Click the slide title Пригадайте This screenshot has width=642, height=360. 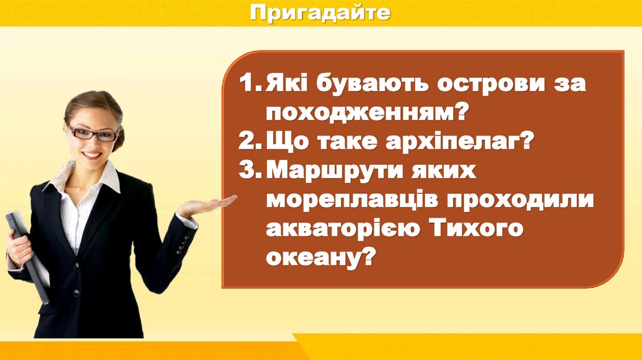click(x=320, y=12)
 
